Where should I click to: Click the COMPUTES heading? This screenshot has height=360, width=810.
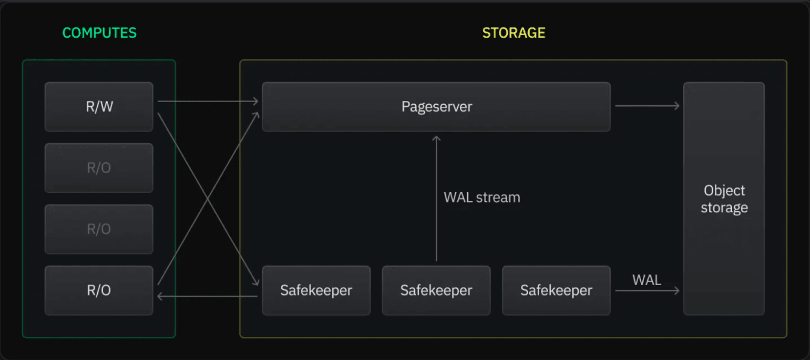tap(99, 33)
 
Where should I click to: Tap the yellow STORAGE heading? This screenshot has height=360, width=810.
tap(514, 33)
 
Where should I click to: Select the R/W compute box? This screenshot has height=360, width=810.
tap(99, 107)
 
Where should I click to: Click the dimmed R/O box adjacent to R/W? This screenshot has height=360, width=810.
tap(99, 168)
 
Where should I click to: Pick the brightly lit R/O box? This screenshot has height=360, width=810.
tap(99, 290)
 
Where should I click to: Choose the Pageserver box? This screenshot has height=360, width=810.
tap(436, 107)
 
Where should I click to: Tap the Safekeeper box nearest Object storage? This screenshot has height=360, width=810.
tap(556, 290)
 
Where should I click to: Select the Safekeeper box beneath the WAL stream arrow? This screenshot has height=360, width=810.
tap(436, 290)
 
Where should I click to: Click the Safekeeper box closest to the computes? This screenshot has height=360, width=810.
tap(316, 290)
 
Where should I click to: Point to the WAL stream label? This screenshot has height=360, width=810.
tap(482, 197)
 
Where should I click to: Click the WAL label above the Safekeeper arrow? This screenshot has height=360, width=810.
tap(647, 280)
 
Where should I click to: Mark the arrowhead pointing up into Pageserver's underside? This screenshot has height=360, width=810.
tap(436, 139)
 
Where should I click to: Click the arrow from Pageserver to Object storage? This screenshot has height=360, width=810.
tap(647, 106)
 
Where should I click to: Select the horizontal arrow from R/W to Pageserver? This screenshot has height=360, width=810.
tap(208, 101)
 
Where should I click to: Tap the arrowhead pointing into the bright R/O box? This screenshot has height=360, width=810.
tap(160, 296)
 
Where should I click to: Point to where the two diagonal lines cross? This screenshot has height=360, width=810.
tap(208, 199)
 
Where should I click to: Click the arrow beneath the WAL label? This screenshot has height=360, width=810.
tap(647, 291)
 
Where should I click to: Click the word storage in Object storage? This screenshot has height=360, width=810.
tap(724, 208)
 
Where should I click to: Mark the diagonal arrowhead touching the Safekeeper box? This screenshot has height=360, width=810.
tap(256, 282)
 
